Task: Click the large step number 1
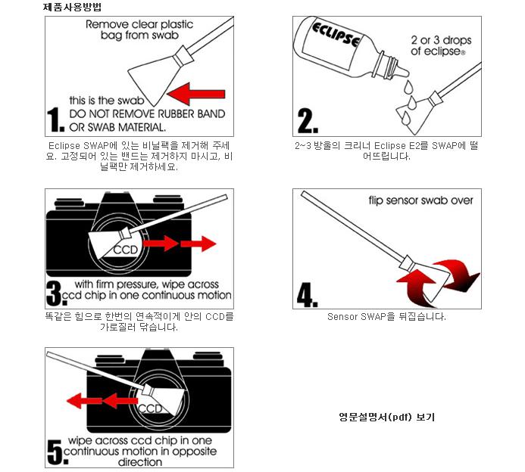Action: (55, 120)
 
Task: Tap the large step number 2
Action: (308, 121)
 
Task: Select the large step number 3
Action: (55, 293)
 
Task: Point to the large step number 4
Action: (307, 294)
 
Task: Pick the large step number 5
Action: (57, 452)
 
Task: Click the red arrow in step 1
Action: (196, 94)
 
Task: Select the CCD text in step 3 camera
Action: (126, 250)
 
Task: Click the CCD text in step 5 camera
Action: (150, 408)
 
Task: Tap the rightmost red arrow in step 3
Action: (198, 244)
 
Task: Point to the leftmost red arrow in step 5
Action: (84, 400)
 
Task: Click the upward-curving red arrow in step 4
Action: (414, 288)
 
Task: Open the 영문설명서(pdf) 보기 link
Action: (386, 417)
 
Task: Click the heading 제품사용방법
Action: (72, 7)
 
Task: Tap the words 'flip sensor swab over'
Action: (421, 200)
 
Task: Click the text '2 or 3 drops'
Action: (441, 40)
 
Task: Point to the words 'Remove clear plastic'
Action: (139, 24)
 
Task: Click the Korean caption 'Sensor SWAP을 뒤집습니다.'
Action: (386, 317)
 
